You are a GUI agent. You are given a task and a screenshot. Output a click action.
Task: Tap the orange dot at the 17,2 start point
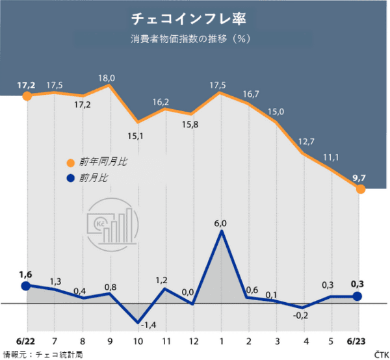click(x=27, y=96)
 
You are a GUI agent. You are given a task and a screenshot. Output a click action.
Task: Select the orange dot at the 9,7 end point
click(x=361, y=189)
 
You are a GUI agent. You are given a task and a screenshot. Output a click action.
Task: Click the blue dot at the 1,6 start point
click(x=26, y=286)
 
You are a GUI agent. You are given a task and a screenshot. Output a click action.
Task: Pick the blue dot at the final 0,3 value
click(x=357, y=296)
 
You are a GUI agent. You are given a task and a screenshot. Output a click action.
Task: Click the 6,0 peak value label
click(x=220, y=223)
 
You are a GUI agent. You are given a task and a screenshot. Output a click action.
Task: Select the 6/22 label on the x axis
click(x=25, y=341)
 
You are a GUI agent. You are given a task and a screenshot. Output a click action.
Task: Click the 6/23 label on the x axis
click(x=358, y=341)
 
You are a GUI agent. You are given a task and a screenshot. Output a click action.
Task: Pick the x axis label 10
click(x=137, y=341)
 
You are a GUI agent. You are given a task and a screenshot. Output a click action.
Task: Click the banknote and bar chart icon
click(x=112, y=222)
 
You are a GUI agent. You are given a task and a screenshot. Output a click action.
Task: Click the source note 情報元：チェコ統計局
click(x=43, y=354)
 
